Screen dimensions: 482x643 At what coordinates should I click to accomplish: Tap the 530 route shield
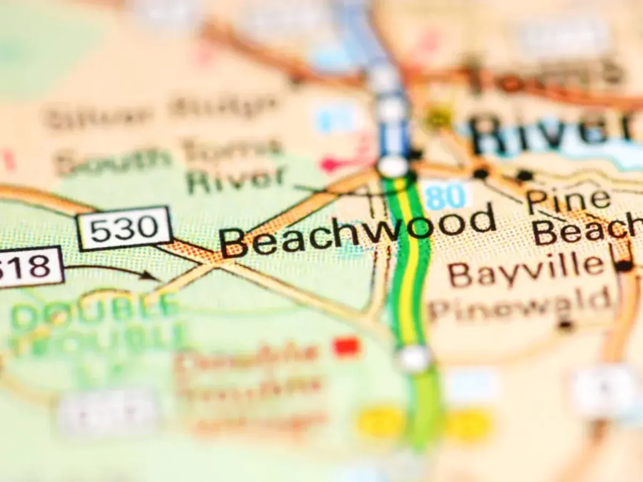pos(124,229)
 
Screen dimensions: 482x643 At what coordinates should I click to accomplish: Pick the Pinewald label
pos(520,304)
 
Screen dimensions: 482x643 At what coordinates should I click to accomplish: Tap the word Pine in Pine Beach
pos(568,199)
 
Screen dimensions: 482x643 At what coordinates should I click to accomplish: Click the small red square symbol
pos(346,347)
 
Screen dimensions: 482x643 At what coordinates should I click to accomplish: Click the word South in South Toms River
pos(113,157)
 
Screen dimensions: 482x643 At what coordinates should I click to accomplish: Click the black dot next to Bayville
pos(623,265)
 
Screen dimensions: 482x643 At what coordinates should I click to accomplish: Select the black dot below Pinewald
pos(564,325)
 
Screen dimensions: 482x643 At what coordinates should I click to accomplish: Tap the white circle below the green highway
pos(414,358)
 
